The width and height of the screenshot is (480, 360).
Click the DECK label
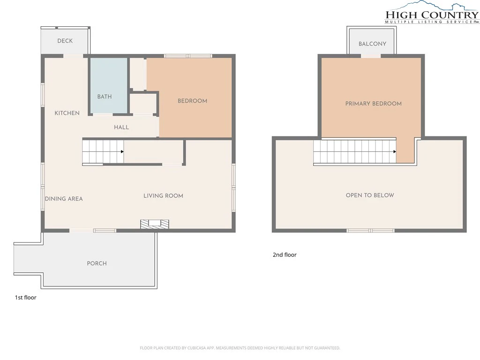[x=65, y=41]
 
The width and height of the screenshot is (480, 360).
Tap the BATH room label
[x=105, y=97]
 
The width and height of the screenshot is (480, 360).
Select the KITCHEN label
[x=67, y=113]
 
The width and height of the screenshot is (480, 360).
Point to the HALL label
[x=121, y=127]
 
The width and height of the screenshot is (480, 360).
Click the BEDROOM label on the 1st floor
[x=192, y=101]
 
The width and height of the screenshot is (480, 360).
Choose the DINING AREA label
[x=64, y=199]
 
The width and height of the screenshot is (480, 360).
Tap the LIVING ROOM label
[x=163, y=196]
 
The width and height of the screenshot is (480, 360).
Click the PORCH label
[x=97, y=263]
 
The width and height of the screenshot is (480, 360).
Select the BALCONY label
[x=372, y=44]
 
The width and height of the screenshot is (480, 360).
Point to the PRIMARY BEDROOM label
[x=374, y=104]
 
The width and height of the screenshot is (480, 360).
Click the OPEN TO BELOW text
[x=370, y=195]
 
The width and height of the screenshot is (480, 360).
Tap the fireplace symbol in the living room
[x=155, y=224]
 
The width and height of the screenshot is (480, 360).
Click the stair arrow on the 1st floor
[x=122, y=151]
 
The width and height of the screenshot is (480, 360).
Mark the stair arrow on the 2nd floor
[x=395, y=151]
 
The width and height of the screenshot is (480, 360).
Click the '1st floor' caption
[x=26, y=298]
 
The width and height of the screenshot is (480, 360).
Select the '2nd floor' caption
[x=285, y=255]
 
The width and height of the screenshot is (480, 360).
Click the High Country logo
[x=432, y=13]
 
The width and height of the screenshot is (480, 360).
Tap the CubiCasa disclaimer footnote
[x=240, y=348]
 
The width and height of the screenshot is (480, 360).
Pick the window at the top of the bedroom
[x=188, y=56]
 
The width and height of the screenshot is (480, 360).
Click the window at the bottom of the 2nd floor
[x=370, y=231]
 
